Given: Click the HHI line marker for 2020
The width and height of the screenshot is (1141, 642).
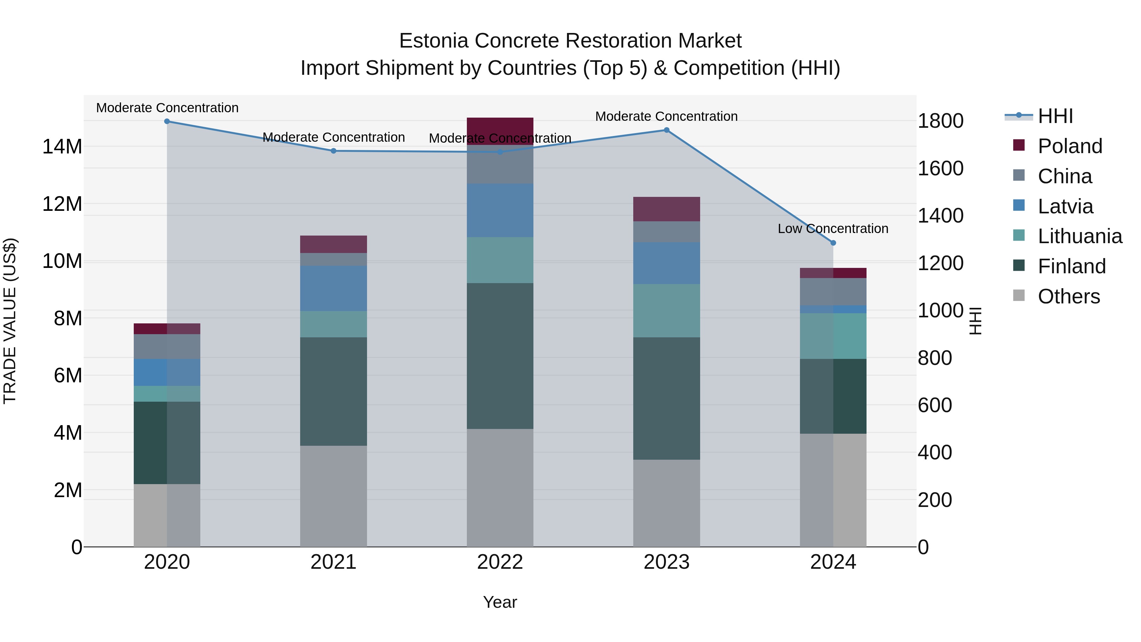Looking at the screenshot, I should (x=167, y=121).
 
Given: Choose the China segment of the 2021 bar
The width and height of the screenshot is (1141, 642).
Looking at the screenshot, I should (x=333, y=259).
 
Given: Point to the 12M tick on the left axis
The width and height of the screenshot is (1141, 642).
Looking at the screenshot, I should (x=62, y=204).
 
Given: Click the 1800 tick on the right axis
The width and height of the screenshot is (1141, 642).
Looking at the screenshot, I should (x=940, y=121).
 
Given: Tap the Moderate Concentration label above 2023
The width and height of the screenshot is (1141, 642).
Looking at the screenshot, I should (x=666, y=117).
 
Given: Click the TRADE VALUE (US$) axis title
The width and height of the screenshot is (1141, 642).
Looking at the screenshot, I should (x=10, y=321).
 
